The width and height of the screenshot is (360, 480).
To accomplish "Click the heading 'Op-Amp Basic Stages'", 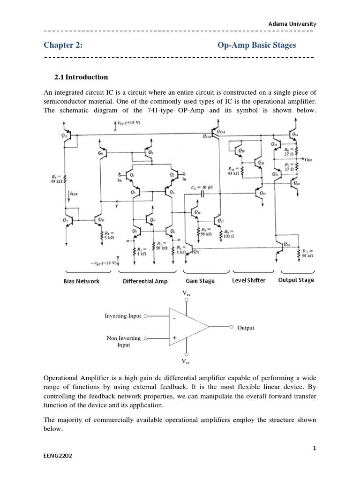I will coord(257,45).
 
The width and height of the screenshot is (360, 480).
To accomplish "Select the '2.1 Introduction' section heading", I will coord(82,77).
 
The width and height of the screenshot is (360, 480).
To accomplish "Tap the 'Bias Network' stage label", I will coord(81,281).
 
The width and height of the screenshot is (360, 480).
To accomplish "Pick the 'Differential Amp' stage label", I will coord(145,281).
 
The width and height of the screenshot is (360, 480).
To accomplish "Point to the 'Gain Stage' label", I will coord(200,281).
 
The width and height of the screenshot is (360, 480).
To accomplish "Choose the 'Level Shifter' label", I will coord(248,280).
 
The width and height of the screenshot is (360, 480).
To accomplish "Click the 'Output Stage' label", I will coord(296,280).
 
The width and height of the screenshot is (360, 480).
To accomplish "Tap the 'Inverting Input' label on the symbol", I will coord(122,316).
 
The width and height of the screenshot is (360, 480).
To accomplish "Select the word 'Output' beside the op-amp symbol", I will coord(246,328).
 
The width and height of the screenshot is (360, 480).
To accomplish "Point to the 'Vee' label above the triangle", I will coord(187,293).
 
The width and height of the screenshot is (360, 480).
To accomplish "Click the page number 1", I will coord(315,448).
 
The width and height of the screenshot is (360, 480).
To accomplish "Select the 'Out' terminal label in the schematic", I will coord(308,159).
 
